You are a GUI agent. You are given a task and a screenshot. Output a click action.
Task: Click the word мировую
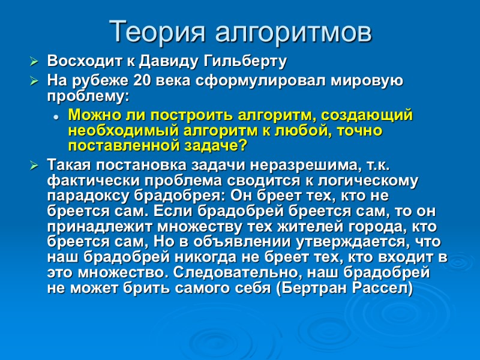(x=367, y=80)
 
